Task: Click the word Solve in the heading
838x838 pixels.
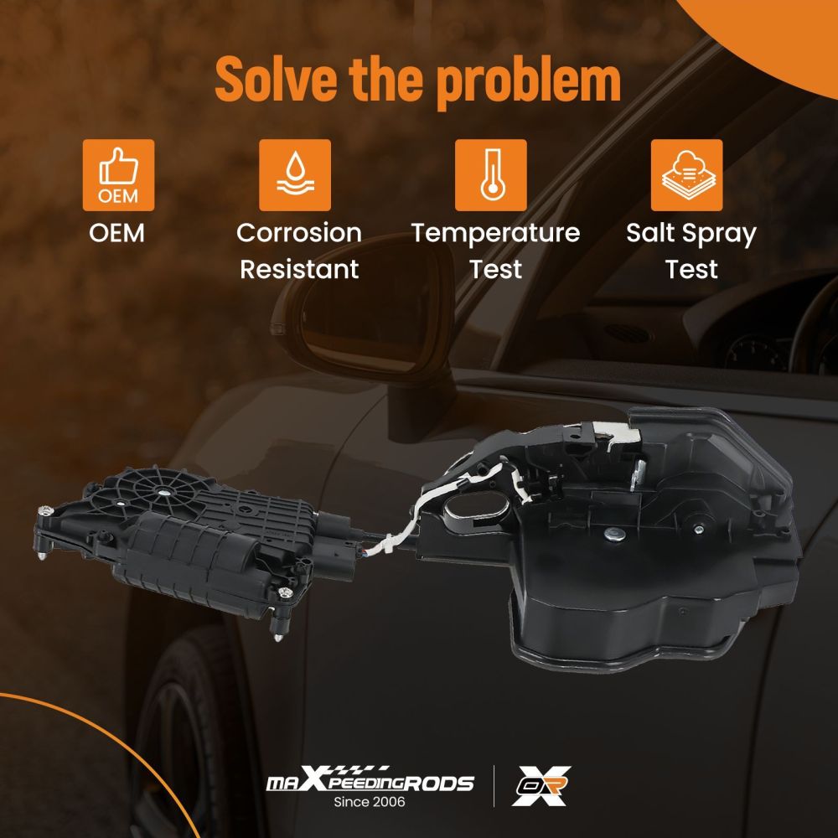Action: pos(277,79)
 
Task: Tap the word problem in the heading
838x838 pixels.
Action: pos(529,82)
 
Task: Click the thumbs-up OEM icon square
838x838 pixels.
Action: pos(119,175)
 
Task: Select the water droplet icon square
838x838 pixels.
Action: pos(295,175)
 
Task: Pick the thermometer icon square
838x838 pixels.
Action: pos(490,175)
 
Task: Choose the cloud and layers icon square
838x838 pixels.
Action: pos(687,175)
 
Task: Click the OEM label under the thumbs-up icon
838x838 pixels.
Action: pos(117,234)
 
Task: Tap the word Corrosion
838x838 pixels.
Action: pos(299,234)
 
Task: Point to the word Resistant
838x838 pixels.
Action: pos(299,269)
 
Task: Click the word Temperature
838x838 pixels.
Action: pos(495,234)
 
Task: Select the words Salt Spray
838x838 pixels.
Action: pos(691,234)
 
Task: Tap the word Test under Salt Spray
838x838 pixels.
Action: pos(691,269)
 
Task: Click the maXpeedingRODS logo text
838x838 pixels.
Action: pos(370,781)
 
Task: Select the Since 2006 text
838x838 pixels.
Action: pos(370,802)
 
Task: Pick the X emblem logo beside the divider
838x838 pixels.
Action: pos(541,785)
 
